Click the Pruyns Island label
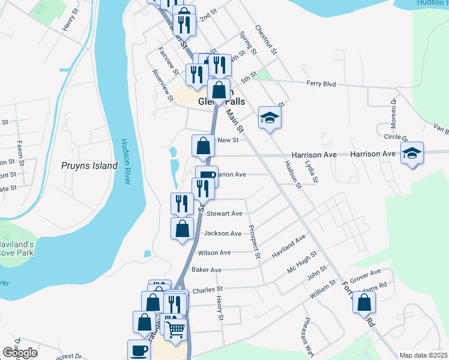(x=89, y=166)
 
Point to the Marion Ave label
(x=232, y=175)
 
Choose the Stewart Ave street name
(x=224, y=213)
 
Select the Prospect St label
(x=254, y=243)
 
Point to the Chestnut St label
(x=265, y=40)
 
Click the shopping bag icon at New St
(x=203, y=145)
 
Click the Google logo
(x=20, y=353)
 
